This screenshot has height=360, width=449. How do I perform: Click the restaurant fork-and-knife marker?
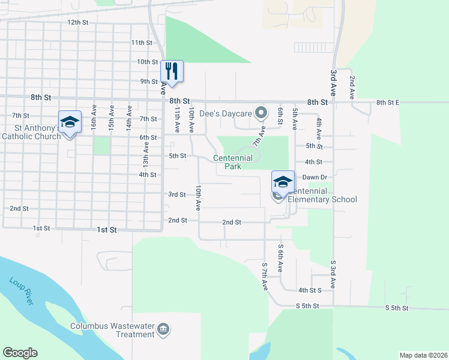pos(172,71)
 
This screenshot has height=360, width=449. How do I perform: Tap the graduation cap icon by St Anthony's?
pos(70,122)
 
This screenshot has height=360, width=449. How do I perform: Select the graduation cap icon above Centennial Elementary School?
pos(283,181)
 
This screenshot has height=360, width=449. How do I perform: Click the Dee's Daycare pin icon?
pos(261,112)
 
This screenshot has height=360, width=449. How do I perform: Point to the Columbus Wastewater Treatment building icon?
pos(163,329)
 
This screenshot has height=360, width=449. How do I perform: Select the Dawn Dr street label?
pos(314,177)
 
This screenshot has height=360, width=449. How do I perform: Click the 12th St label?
pos(77,22)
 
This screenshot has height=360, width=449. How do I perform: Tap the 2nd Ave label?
pos(352,87)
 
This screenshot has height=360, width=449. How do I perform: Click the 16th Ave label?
pos(94,116)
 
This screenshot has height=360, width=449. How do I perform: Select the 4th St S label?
pos(310,290)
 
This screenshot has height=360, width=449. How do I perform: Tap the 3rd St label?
pos(176,194)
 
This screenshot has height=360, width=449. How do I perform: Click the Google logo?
pos(20,353)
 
